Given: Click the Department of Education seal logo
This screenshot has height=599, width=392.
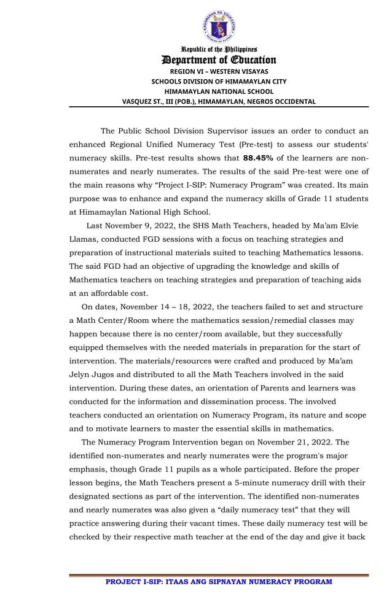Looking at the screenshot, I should [x=219, y=26].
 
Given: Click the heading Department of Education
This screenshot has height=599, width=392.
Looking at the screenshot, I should [x=219, y=60].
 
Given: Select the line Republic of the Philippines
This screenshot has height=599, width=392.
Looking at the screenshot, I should [x=219, y=48].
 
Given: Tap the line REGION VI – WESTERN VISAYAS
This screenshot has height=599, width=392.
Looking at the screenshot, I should [x=219, y=71].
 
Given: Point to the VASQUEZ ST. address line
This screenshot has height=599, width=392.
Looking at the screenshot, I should [x=219, y=101].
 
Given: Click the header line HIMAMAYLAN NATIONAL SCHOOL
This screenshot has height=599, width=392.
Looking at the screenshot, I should [x=219, y=91].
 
